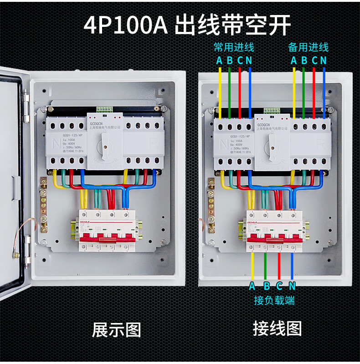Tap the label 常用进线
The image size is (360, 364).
click(234, 47)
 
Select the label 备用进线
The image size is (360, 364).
click(308, 47)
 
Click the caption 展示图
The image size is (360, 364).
click(117, 329)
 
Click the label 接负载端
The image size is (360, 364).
click(274, 300)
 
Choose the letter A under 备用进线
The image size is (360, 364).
click(293, 60)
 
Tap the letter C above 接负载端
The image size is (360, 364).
click(279, 286)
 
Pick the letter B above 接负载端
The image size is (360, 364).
click(266, 286)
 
